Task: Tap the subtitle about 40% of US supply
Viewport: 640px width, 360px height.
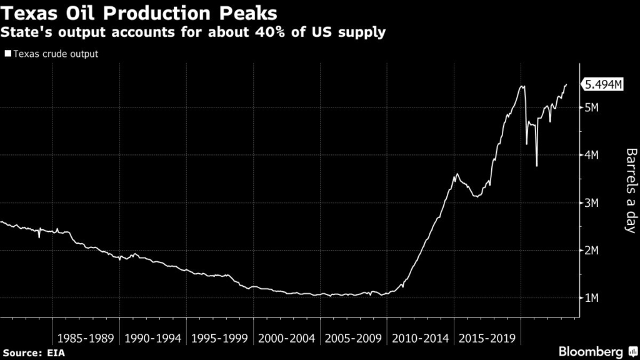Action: click(x=194, y=32)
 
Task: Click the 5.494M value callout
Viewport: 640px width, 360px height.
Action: click(x=603, y=85)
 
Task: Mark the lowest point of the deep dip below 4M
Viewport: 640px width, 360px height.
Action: click(x=537, y=166)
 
